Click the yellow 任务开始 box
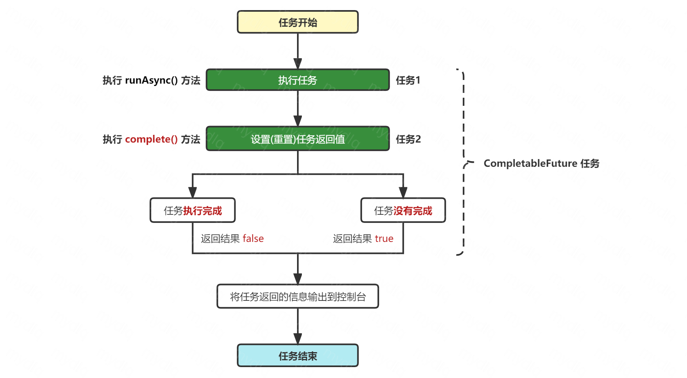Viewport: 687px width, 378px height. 297,22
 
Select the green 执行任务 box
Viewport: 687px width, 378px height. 297,80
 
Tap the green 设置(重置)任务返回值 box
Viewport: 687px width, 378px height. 297,139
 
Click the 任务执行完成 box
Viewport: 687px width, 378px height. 192,210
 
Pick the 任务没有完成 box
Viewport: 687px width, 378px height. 403,210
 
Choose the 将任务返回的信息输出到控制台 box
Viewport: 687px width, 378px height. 297,296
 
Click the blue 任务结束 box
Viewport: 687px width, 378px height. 297,355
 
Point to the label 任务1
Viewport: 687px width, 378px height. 408,80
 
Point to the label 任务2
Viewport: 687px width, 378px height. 408,139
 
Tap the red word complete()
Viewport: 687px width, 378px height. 151,139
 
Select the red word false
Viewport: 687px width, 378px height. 253,239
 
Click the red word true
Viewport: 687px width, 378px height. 384,239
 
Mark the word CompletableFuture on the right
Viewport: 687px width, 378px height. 530,164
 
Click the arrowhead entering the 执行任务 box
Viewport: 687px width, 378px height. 298,64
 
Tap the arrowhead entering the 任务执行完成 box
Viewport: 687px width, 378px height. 193,193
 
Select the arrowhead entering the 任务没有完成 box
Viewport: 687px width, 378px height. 403,193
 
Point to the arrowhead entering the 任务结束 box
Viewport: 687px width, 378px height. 298,339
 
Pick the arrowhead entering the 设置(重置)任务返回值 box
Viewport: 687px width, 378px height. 298,121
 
